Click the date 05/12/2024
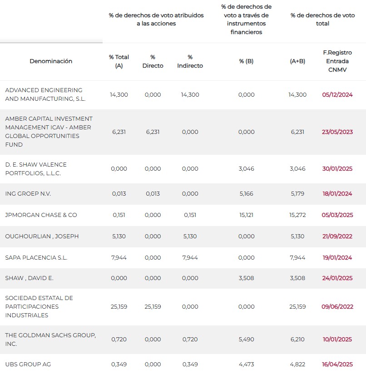(337, 95)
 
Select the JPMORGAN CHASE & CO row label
(41, 215)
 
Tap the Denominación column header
(51, 61)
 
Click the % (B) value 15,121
(246, 215)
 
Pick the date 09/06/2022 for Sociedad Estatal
(337, 306)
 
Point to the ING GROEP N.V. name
(28, 193)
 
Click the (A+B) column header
(297, 61)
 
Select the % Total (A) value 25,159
(119, 306)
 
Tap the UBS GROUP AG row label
(28, 364)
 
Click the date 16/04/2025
(337, 364)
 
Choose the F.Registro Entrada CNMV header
(337, 61)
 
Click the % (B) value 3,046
(246, 169)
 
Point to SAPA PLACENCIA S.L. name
(36, 258)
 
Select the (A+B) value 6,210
(297, 339)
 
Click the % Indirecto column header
(190, 61)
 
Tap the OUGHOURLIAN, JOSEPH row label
(42, 236)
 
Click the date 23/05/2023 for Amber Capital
(337, 132)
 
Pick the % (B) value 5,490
(246, 339)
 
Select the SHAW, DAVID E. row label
(29, 278)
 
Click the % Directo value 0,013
(153, 193)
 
